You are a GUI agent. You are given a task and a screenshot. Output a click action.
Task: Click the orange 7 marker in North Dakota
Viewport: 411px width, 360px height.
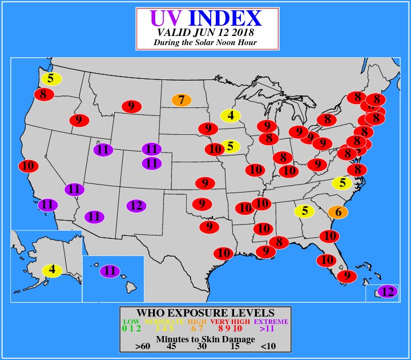(182, 100)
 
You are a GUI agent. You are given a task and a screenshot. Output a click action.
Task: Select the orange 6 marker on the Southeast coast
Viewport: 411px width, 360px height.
(338, 212)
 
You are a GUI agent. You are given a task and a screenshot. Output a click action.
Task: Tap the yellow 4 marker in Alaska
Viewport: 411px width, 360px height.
(52, 270)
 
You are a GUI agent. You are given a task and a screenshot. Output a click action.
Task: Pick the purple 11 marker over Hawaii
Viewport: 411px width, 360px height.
(110, 271)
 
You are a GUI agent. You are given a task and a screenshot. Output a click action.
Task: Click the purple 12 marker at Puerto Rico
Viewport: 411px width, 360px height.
(388, 291)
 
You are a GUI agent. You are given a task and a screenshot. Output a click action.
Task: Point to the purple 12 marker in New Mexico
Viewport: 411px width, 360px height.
(135, 206)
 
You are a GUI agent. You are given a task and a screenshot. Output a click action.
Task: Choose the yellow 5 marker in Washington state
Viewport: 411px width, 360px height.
(51, 79)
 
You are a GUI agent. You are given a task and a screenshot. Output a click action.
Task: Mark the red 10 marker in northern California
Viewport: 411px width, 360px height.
(28, 166)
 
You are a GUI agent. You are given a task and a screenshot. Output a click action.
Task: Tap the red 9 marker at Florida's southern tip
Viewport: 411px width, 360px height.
(346, 276)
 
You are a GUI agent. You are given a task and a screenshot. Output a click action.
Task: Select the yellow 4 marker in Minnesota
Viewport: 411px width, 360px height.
(231, 115)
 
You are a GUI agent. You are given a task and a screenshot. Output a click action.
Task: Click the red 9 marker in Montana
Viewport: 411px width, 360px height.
(131, 106)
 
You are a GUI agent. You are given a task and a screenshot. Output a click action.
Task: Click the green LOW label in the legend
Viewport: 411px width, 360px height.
(131, 321)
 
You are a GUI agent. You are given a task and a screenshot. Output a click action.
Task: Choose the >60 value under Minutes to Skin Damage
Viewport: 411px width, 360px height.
(143, 346)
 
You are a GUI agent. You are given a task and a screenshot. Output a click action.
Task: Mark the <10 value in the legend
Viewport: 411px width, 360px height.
(268, 346)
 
